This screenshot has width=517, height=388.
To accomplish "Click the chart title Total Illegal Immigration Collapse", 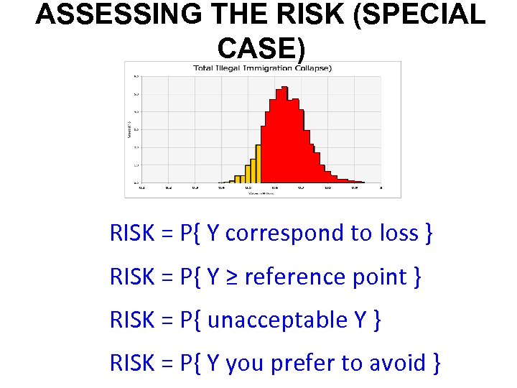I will (x=262, y=68).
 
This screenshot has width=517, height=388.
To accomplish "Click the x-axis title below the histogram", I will (x=262, y=193).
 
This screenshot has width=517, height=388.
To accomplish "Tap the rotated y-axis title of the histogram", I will (x=129, y=129).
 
